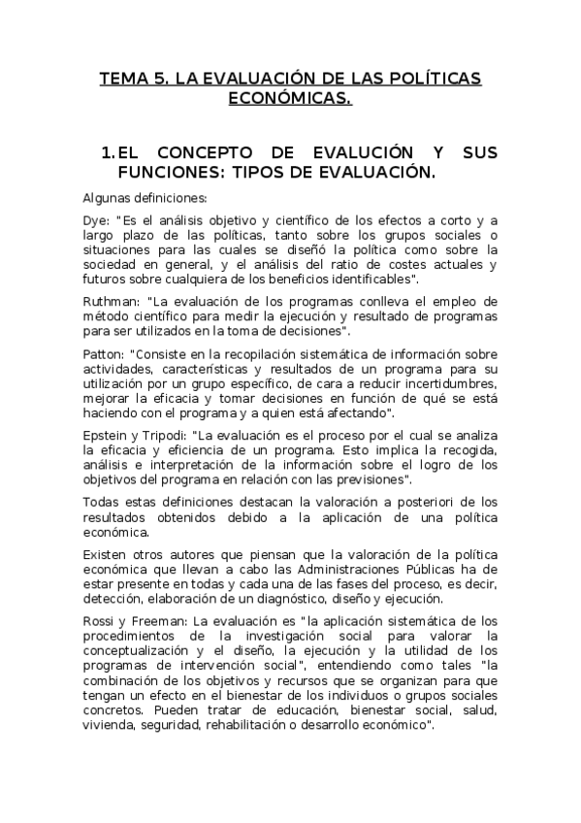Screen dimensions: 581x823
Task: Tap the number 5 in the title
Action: [x=159, y=79]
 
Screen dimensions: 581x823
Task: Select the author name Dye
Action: [x=95, y=220]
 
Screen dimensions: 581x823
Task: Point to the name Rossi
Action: [x=99, y=620]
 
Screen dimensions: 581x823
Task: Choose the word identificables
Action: [x=366, y=279]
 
